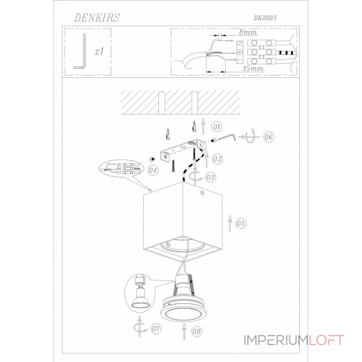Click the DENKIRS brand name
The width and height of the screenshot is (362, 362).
click(97, 18)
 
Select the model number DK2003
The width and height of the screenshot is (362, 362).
click(265, 18)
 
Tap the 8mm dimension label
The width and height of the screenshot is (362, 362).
click(248, 32)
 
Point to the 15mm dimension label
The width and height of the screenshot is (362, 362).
click(253, 69)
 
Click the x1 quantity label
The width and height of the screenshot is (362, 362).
click(99, 51)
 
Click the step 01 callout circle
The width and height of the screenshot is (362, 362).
click(217, 127)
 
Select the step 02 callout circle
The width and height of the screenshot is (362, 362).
click(217, 159)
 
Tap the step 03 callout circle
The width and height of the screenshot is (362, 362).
click(210, 177)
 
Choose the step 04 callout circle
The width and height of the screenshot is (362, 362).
click(153, 171)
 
